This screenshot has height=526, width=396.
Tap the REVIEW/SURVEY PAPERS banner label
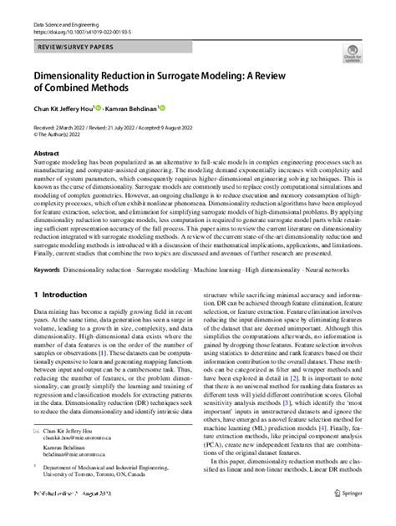tap(74, 50)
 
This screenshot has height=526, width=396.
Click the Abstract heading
tap(45, 154)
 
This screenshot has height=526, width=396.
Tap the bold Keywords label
tap(48, 271)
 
